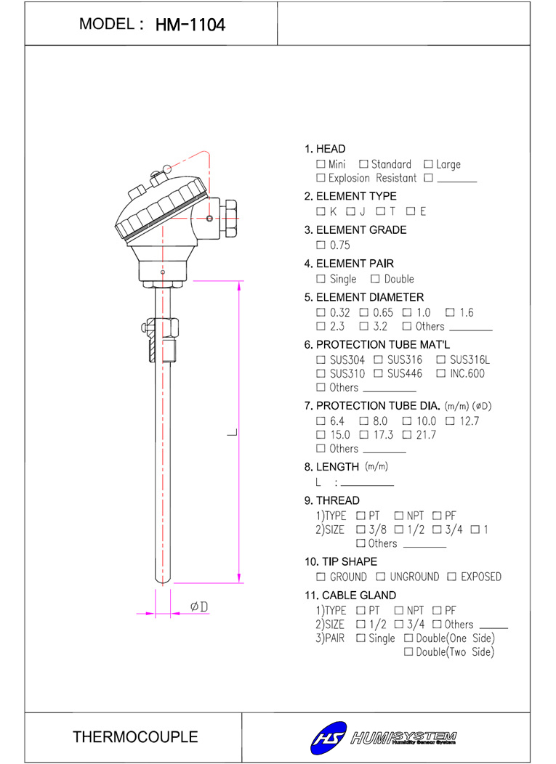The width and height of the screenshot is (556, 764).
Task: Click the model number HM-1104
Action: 190,25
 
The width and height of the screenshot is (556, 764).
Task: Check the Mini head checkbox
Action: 321,164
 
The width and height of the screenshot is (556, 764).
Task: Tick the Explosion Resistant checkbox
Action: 321,178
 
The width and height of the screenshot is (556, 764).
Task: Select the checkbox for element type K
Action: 321,211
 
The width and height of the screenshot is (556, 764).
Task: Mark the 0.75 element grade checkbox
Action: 321,245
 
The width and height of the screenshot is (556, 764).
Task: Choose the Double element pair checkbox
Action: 374,279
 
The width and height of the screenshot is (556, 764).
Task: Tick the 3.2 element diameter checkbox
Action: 364,326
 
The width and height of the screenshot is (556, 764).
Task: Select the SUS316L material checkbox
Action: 441,359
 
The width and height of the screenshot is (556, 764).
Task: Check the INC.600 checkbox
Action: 441,373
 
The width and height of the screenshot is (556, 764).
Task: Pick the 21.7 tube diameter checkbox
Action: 407,434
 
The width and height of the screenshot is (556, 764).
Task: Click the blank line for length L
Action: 367,485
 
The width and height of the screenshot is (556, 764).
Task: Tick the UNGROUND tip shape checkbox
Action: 380,577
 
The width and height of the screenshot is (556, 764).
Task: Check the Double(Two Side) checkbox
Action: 408,652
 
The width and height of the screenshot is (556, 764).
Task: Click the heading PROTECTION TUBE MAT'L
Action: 383,345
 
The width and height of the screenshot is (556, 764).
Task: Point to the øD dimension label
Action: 199,606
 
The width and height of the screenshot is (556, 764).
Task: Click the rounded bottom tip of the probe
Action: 163,580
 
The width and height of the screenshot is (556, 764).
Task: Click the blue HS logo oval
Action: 329,738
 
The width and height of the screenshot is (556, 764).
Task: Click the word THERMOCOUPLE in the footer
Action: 135,736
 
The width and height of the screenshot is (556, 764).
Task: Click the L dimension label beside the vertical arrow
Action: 232,432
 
